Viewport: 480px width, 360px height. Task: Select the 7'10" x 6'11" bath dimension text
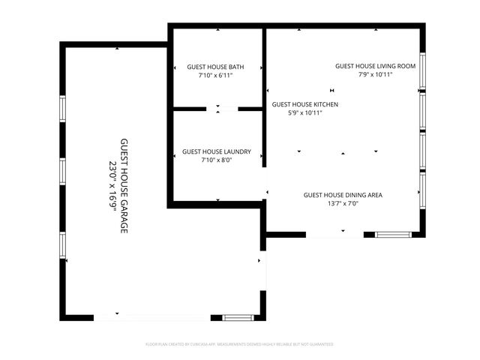[216, 76]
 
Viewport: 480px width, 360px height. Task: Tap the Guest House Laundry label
[217, 151]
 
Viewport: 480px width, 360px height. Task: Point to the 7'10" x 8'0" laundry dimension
[217, 160]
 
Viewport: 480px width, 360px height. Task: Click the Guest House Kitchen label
[304, 104]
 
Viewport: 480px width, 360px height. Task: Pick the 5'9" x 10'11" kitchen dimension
[305, 113]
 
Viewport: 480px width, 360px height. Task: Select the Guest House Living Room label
[375, 66]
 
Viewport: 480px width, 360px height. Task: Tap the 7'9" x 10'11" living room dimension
[375, 75]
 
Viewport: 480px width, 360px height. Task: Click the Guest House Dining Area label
[343, 195]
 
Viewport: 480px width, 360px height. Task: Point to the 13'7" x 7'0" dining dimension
[343, 204]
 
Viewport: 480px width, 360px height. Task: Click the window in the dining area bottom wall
[393, 235]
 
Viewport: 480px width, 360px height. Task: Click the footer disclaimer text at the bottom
[239, 344]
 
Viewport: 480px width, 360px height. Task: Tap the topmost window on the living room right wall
[422, 70]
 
